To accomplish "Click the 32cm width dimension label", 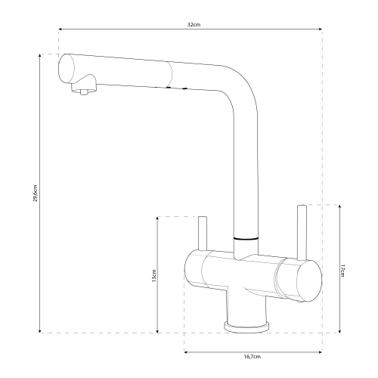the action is pos(194,25).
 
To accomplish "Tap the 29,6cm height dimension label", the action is pos(36,194).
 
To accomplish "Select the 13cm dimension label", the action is pos(154,276).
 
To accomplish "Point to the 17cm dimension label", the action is pos(342,271).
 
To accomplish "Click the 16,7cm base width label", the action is pos(253,357).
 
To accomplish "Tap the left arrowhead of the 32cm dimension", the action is pos(60,29).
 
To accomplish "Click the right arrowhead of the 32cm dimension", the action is pos(321,29).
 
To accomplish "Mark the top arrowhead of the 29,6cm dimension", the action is pos(40,56).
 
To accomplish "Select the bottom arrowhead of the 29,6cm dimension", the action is pos(40,330).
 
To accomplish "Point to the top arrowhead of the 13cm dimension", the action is pos(157,218).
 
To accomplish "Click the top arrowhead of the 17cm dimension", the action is pos(339,207).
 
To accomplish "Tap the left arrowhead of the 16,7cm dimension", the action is pos(186,352).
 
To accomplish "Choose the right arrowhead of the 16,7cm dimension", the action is pos(321,352).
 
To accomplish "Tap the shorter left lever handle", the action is pos(203,234).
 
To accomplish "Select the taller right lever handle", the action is pos(302,232).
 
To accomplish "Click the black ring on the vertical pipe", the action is pos(246,238).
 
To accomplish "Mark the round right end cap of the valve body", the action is pos(309,280).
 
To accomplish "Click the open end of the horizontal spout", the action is pos(67,68).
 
